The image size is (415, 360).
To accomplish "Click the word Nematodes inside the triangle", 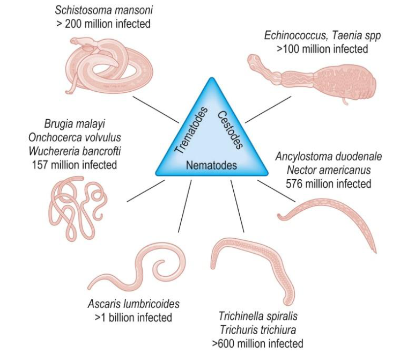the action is (x=211, y=165).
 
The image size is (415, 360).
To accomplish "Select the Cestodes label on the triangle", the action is (x=230, y=130).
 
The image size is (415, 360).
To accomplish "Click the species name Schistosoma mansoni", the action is (x=104, y=10).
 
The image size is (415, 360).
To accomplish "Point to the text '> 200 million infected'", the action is (x=103, y=24).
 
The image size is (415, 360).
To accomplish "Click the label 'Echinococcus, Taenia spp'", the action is (x=322, y=35).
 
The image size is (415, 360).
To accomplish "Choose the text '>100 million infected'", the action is (x=322, y=49).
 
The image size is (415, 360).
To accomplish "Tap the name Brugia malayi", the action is (x=75, y=124).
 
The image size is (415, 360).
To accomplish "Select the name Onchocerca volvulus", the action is (x=75, y=137).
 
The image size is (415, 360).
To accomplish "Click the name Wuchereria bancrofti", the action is (x=75, y=151).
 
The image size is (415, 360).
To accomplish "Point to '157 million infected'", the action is (x=75, y=165).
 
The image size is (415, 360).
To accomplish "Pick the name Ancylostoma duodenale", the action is (x=329, y=156).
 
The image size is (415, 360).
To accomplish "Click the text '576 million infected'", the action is (x=329, y=183).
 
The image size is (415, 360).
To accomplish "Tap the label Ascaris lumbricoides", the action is (x=134, y=304).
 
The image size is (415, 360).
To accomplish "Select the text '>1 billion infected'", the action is (x=134, y=318).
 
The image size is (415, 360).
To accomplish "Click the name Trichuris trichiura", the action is (x=258, y=330).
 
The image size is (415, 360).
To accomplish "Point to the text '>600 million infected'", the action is (x=258, y=343).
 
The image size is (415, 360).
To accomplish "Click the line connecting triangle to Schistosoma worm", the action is (x=156, y=109).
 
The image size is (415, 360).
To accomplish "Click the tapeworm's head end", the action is (x=254, y=61).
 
